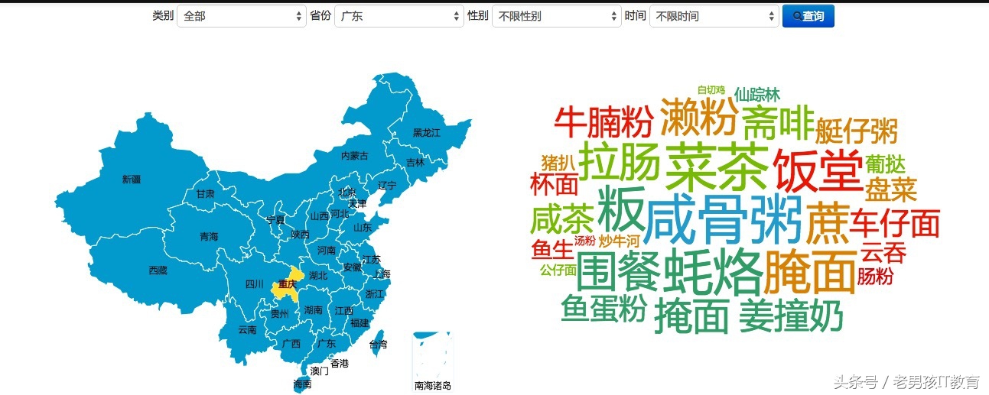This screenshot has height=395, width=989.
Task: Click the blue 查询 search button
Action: pyautogui.click(x=808, y=16)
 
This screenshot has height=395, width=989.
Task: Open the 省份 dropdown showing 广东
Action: pyautogui.click(x=399, y=16)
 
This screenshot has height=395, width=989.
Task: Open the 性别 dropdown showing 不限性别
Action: pyautogui.click(x=556, y=16)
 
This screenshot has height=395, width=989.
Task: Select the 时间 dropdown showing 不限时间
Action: pyautogui.click(x=714, y=16)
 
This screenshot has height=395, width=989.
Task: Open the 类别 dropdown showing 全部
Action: pyautogui.click(x=241, y=16)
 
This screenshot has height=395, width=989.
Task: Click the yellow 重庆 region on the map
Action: pyautogui.click(x=287, y=284)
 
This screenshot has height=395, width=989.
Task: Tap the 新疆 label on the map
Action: pyautogui.click(x=132, y=180)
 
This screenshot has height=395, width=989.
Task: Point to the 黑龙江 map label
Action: pyautogui.click(x=426, y=132)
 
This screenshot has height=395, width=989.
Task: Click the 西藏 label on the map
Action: pyautogui.click(x=158, y=270)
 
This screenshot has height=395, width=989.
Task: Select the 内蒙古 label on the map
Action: pyautogui.click(x=354, y=156)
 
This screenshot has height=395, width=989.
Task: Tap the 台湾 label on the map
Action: pyautogui.click(x=378, y=345)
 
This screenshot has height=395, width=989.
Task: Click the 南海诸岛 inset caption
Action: pyautogui.click(x=433, y=386)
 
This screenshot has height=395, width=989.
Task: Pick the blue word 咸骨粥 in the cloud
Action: pyautogui.click(x=723, y=219)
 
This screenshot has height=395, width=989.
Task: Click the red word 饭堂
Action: pyautogui.click(x=818, y=169)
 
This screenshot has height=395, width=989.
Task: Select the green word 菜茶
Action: pyautogui.click(x=716, y=167)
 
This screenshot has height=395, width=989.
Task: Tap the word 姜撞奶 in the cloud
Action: pyautogui.click(x=790, y=316)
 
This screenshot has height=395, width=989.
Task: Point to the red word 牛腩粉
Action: pyautogui.click(x=603, y=121)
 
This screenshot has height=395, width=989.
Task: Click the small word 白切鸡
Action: pyautogui.click(x=711, y=90)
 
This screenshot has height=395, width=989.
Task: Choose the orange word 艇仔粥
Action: pyautogui.click(x=856, y=131)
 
